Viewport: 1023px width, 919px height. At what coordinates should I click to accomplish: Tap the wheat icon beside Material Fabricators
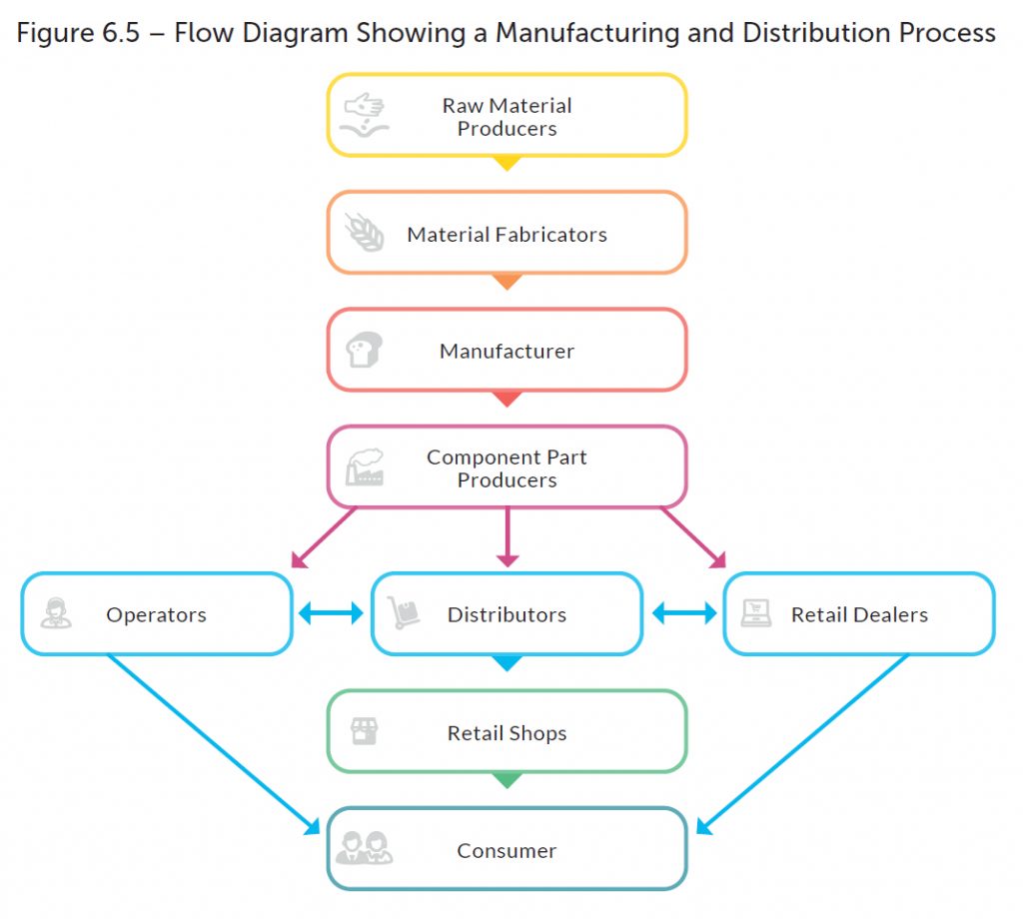pos(365,232)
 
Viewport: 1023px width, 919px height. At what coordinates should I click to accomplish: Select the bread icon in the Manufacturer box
pos(364,350)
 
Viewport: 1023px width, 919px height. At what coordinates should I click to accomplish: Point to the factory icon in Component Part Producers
pos(365,467)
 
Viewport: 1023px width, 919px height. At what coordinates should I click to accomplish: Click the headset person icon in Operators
pos(56,613)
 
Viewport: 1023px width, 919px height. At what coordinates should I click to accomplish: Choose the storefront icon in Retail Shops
pos(364,731)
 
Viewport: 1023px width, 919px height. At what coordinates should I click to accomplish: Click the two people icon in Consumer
pos(364,848)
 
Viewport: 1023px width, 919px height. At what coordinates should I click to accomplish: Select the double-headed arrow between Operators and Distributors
pos(331,613)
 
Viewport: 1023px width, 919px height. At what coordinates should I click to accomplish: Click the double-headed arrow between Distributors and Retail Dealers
pos(684,613)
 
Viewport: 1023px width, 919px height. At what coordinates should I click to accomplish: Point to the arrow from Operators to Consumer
pos(214,745)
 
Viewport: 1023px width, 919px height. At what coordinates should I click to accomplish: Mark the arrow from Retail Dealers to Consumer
pos(802,745)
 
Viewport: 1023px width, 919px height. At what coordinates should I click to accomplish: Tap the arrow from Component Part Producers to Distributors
pos(508,536)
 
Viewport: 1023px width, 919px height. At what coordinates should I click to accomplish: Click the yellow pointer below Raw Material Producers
pos(507,163)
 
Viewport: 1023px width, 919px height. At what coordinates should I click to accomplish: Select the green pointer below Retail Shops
pos(507,780)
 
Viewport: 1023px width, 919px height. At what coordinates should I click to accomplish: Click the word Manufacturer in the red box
pos(507,351)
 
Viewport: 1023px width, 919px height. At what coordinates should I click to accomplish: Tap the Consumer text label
pos(507,850)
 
